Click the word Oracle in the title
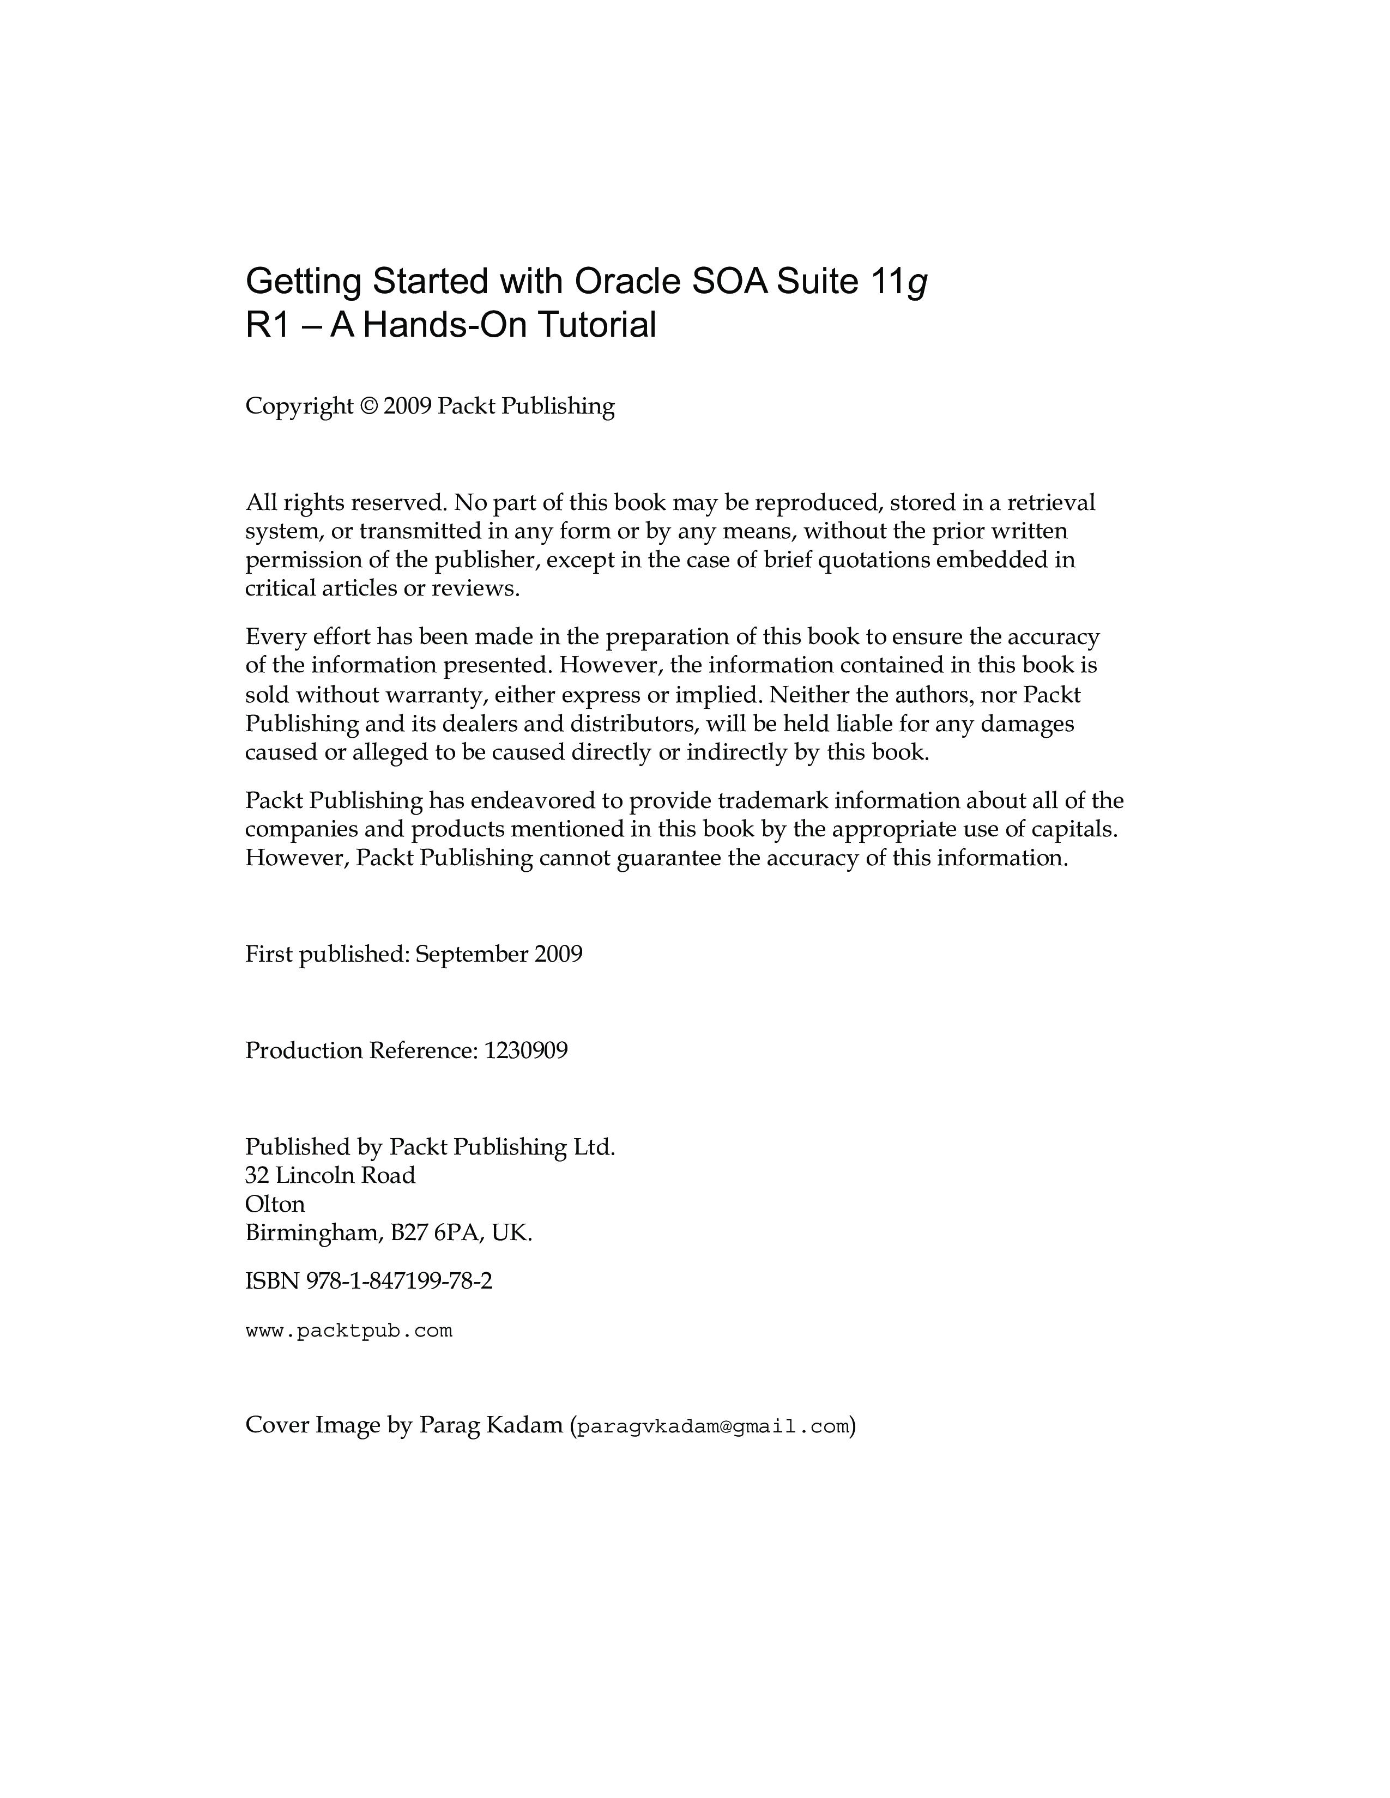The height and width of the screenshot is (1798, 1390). coord(627,282)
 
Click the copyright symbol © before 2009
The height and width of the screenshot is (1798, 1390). coord(368,406)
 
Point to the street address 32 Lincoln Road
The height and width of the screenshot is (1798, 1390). coord(330,1176)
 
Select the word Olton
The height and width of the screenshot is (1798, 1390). coord(275,1205)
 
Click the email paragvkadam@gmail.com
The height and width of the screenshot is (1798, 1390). coord(712,1428)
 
